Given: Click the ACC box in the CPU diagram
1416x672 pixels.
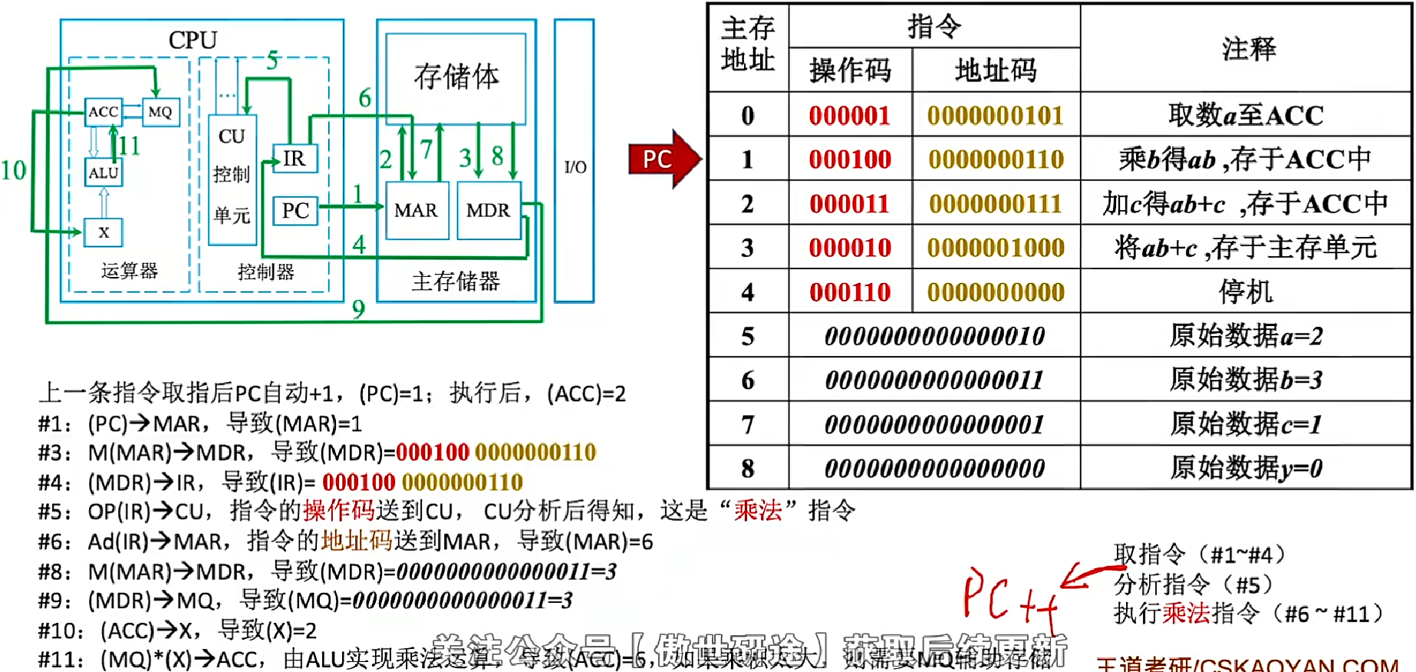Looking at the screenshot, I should pos(104,112).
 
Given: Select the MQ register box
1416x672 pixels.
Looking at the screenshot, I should pos(160,112).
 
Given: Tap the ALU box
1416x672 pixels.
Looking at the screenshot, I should pos(104,173).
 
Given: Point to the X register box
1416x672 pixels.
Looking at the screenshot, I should pos(104,232).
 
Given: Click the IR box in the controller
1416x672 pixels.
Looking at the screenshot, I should pos(295,159).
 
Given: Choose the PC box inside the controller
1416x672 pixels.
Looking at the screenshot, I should pos(295,210).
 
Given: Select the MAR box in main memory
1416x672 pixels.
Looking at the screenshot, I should pos(417,210).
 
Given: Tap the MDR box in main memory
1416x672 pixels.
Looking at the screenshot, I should pos(489,210).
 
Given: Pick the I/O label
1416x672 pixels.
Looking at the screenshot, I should pos(575,167).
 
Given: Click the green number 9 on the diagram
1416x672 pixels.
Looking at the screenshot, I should pos(358,309).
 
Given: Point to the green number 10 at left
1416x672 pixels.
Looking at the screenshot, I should pos(13,170).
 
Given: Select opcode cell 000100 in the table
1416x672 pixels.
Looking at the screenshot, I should pos(850,160).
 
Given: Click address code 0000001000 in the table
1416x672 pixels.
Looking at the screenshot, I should pos(996,248).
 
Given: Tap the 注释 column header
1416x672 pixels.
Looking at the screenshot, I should pos(1248,49).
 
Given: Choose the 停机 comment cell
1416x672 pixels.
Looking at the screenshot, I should pos(1246,292).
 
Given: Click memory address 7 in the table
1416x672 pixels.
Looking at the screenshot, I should pos(748,424).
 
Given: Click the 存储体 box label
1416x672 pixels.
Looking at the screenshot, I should pos(456,77).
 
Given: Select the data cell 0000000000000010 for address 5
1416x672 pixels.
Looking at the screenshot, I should pos(934,336).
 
